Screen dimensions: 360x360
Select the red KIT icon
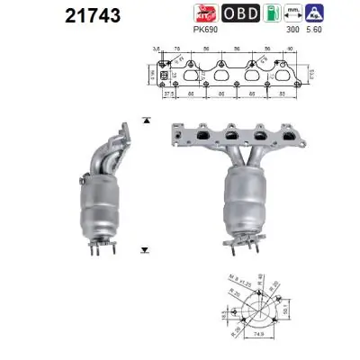pyautogui.click(x=206, y=13)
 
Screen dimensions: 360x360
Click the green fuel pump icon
pyautogui.click(x=265, y=13)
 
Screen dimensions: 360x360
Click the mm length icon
pyautogui.click(x=290, y=13)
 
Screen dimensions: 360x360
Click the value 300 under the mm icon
pyautogui.click(x=290, y=30)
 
